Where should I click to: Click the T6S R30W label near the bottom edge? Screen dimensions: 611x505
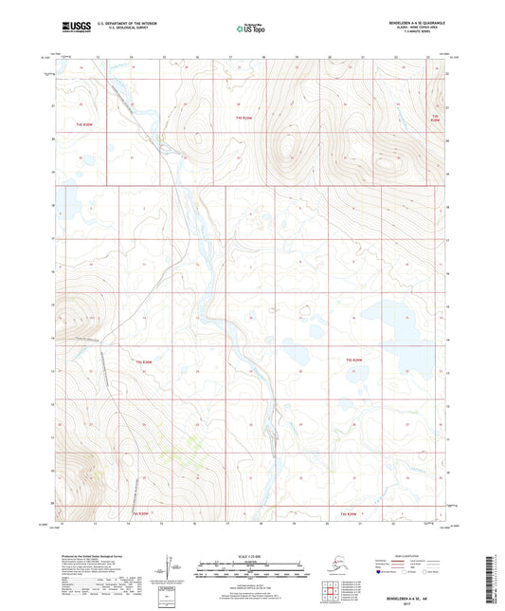pos(139,513)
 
